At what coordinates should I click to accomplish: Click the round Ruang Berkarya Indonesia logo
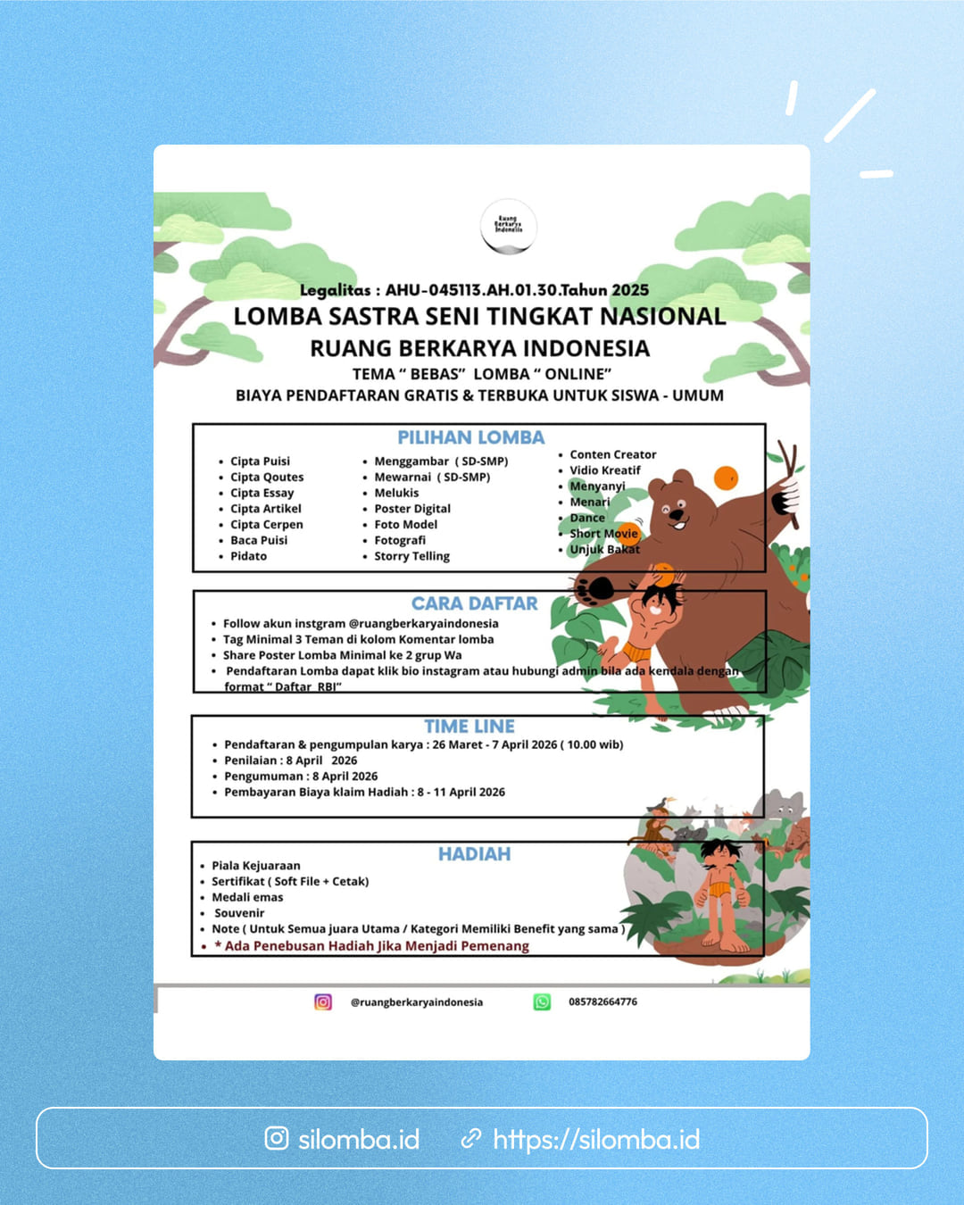tap(508, 226)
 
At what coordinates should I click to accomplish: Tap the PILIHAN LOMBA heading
tap(470, 437)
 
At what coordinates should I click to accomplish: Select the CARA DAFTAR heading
tap(474, 603)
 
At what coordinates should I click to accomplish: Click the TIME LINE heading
tap(469, 727)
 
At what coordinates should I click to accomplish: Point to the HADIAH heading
tap(474, 854)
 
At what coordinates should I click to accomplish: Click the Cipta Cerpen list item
tap(266, 525)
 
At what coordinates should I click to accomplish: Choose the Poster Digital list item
tap(411, 509)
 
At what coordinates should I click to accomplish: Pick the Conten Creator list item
tap(612, 454)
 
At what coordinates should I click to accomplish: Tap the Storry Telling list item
tap(411, 556)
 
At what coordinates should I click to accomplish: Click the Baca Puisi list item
tap(259, 540)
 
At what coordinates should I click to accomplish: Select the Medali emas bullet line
tap(247, 897)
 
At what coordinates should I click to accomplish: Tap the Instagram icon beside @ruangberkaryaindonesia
tap(323, 1002)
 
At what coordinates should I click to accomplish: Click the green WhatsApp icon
tap(542, 1002)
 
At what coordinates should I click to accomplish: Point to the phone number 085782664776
tap(602, 1002)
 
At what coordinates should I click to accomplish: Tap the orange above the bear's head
tap(726, 478)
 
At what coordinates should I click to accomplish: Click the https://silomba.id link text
tap(596, 1139)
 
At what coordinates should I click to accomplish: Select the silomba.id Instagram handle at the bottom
tap(358, 1139)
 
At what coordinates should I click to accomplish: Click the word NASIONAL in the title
tap(662, 317)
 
